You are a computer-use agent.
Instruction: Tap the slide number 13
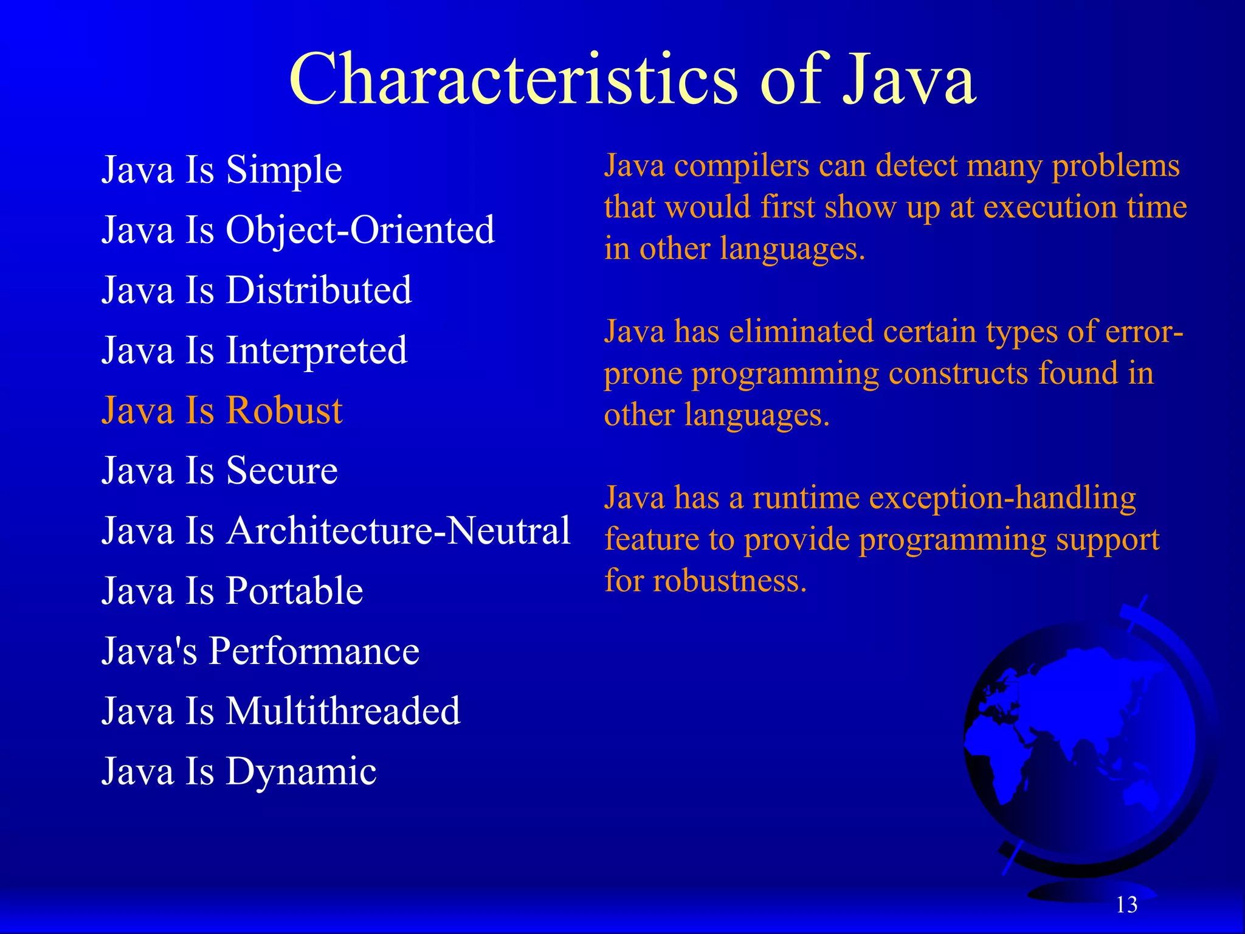[1126, 905]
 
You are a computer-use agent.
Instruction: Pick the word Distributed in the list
[319, 289]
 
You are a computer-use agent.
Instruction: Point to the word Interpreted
[316, 351]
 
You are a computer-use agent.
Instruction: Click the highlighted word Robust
[284, 410]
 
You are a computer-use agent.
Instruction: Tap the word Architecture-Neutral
[398, 530]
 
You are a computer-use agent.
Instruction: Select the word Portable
[294, 591]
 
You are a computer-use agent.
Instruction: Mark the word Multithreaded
[343, 711]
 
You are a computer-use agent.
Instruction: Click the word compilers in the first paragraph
[742, 166]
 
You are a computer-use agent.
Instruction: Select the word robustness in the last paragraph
[729, 581]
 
